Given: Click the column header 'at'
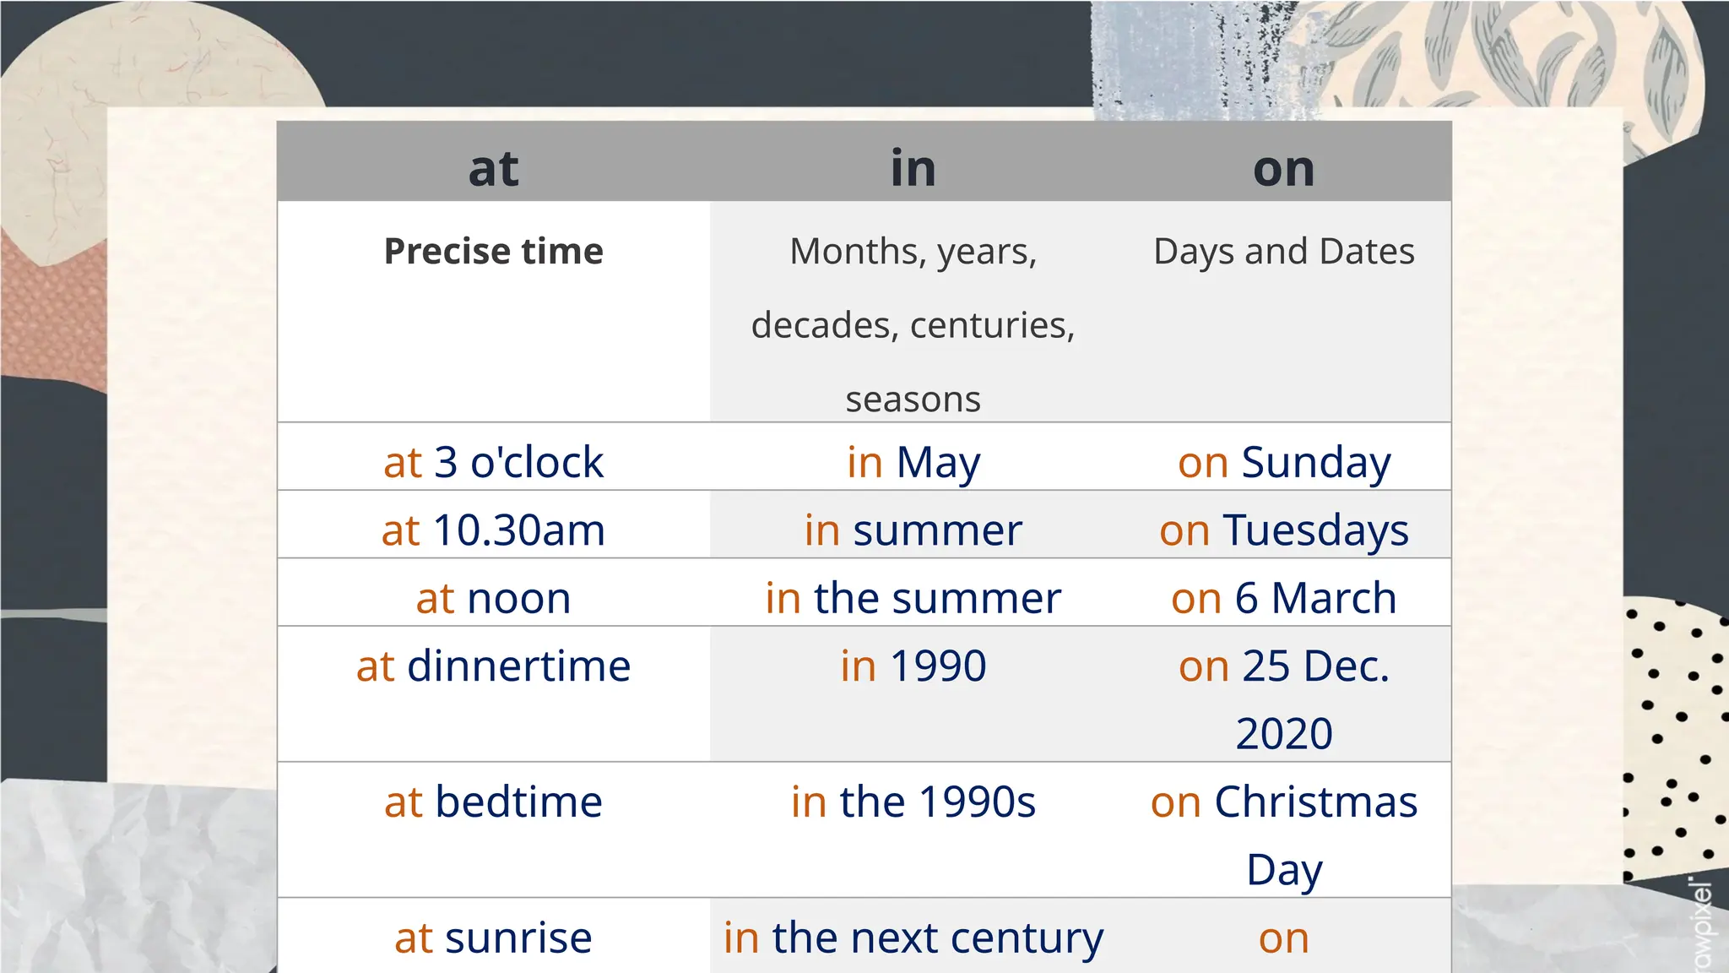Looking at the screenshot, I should (x=493, y=168).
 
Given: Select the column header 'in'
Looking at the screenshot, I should (x=913, y=168).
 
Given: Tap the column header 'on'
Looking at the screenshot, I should (x=1283, y=169).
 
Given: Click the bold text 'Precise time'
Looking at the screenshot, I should (x=493, y=251).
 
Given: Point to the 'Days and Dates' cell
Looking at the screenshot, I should (x=1283, y=251).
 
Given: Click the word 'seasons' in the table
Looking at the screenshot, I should (x=913, y=399).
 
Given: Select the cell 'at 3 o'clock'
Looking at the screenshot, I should (x=493, y=462).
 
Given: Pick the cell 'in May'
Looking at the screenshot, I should (x=913, y=462).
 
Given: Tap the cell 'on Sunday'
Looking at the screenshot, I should (x=1283, y=462).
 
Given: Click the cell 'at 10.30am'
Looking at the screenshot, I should (x=493, y=530).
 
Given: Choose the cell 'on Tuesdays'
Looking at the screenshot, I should (x=1283, y=530).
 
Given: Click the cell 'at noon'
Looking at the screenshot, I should (x=493, y=598).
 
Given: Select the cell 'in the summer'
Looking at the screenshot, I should (x=913, y=598).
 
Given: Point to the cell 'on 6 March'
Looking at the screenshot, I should (x=1283, y=598).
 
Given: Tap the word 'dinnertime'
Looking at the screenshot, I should (x=518, y=666).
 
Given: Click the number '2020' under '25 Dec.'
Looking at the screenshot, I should (x=1283, y=733).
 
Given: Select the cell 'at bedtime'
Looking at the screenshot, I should (x=493, y=802).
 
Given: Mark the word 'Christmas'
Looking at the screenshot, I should (x=1315, y=802).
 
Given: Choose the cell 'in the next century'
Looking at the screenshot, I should (x=913, y=937).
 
